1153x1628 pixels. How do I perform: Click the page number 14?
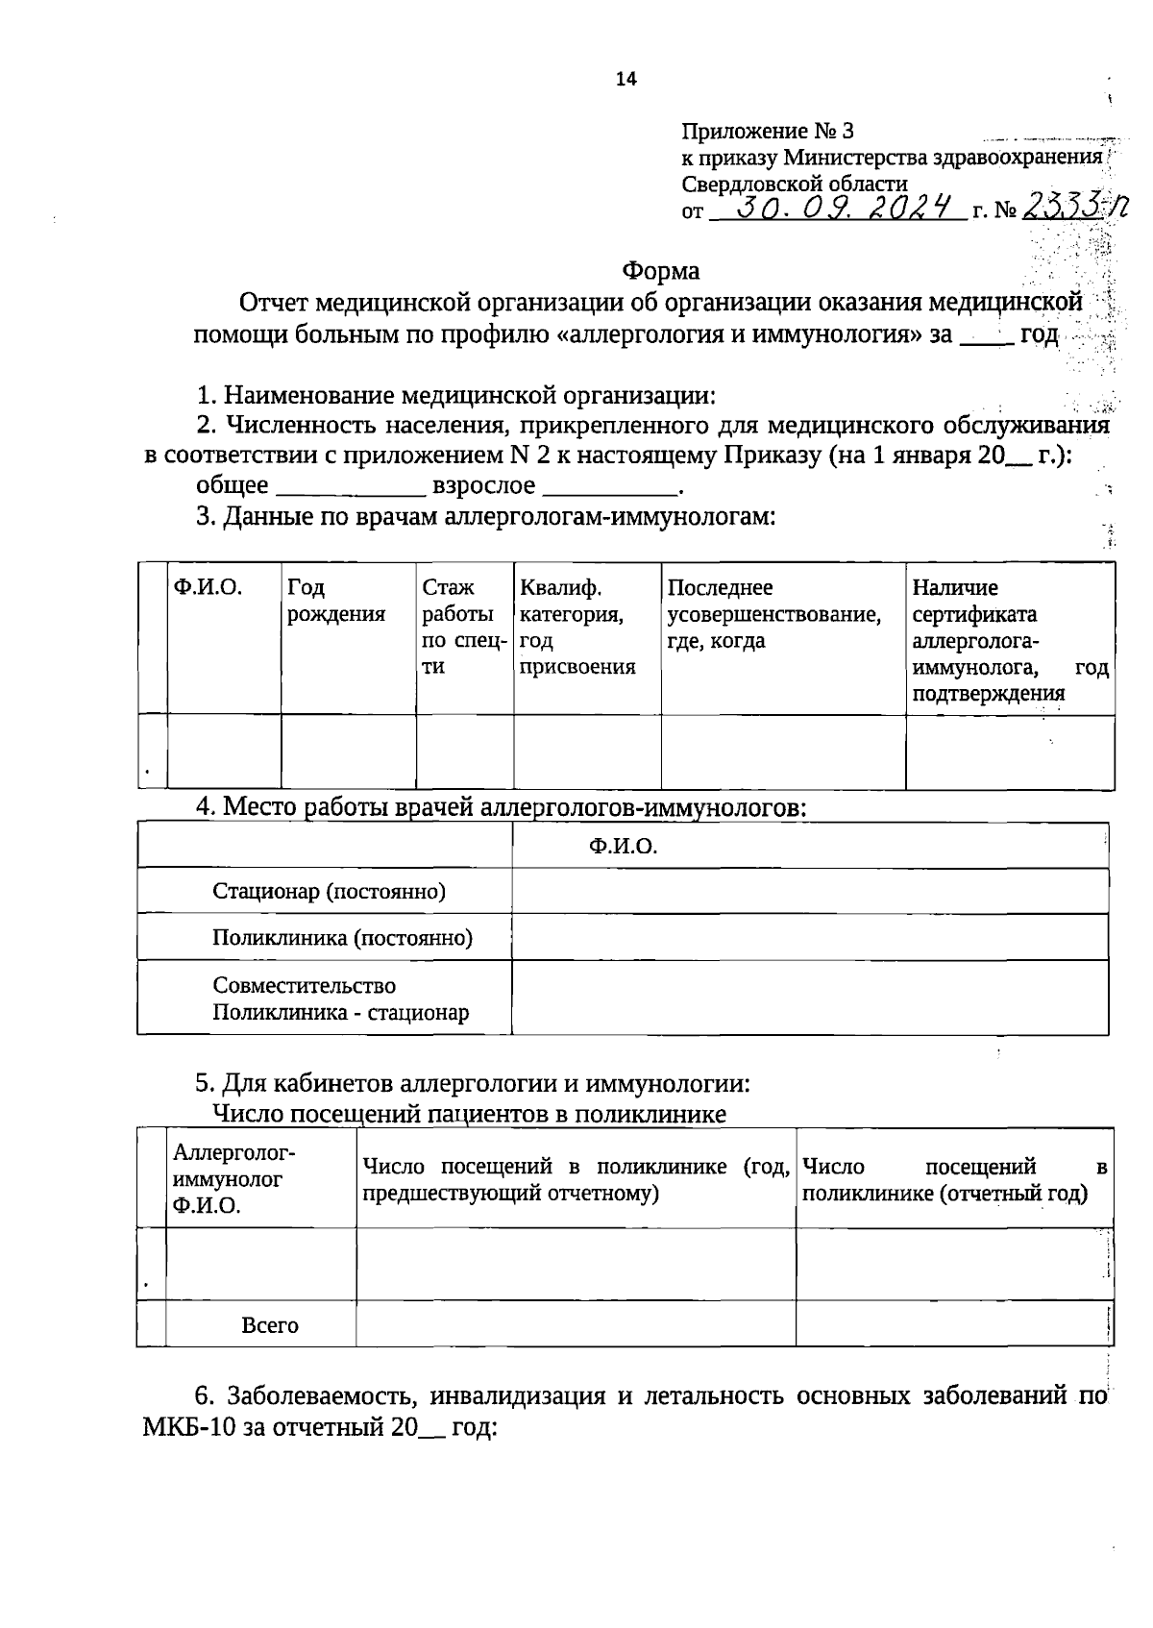click(x=626, y=80)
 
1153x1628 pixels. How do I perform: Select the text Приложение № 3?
click(x=767, y=131)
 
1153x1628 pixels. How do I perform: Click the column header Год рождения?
click(x=335, y=601)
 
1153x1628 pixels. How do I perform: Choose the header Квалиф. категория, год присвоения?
click(x=577, y=627)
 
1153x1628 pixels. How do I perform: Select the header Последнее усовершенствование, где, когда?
click(x=773, y=613)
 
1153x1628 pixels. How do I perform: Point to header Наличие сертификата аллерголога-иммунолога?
click(x=1009, y=640)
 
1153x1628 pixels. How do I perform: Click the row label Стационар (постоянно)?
click(x=329, y=891)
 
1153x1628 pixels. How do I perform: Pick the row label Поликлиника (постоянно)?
click(x=342, y=937)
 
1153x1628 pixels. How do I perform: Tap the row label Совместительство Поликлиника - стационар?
click(x=340, y=999)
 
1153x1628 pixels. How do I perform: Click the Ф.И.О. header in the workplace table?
click(x=623, y=846)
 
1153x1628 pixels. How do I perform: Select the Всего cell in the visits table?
click(x=270, y=1325)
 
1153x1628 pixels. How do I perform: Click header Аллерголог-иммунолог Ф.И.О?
click(x=233, y=1179)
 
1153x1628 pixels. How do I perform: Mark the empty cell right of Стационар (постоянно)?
click(x=810, y=891)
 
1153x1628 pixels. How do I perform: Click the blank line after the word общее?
click(x=351, y=488)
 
